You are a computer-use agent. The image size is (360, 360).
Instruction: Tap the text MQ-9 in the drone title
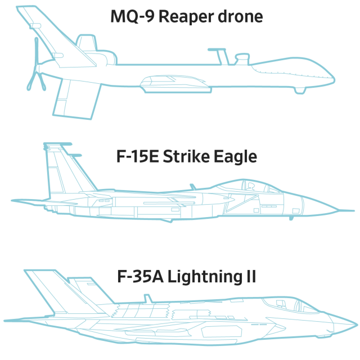pos(132,16)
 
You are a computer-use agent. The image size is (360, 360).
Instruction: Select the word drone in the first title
pos(240,16)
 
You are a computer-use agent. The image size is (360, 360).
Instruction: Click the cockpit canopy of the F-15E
pos(256,187)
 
